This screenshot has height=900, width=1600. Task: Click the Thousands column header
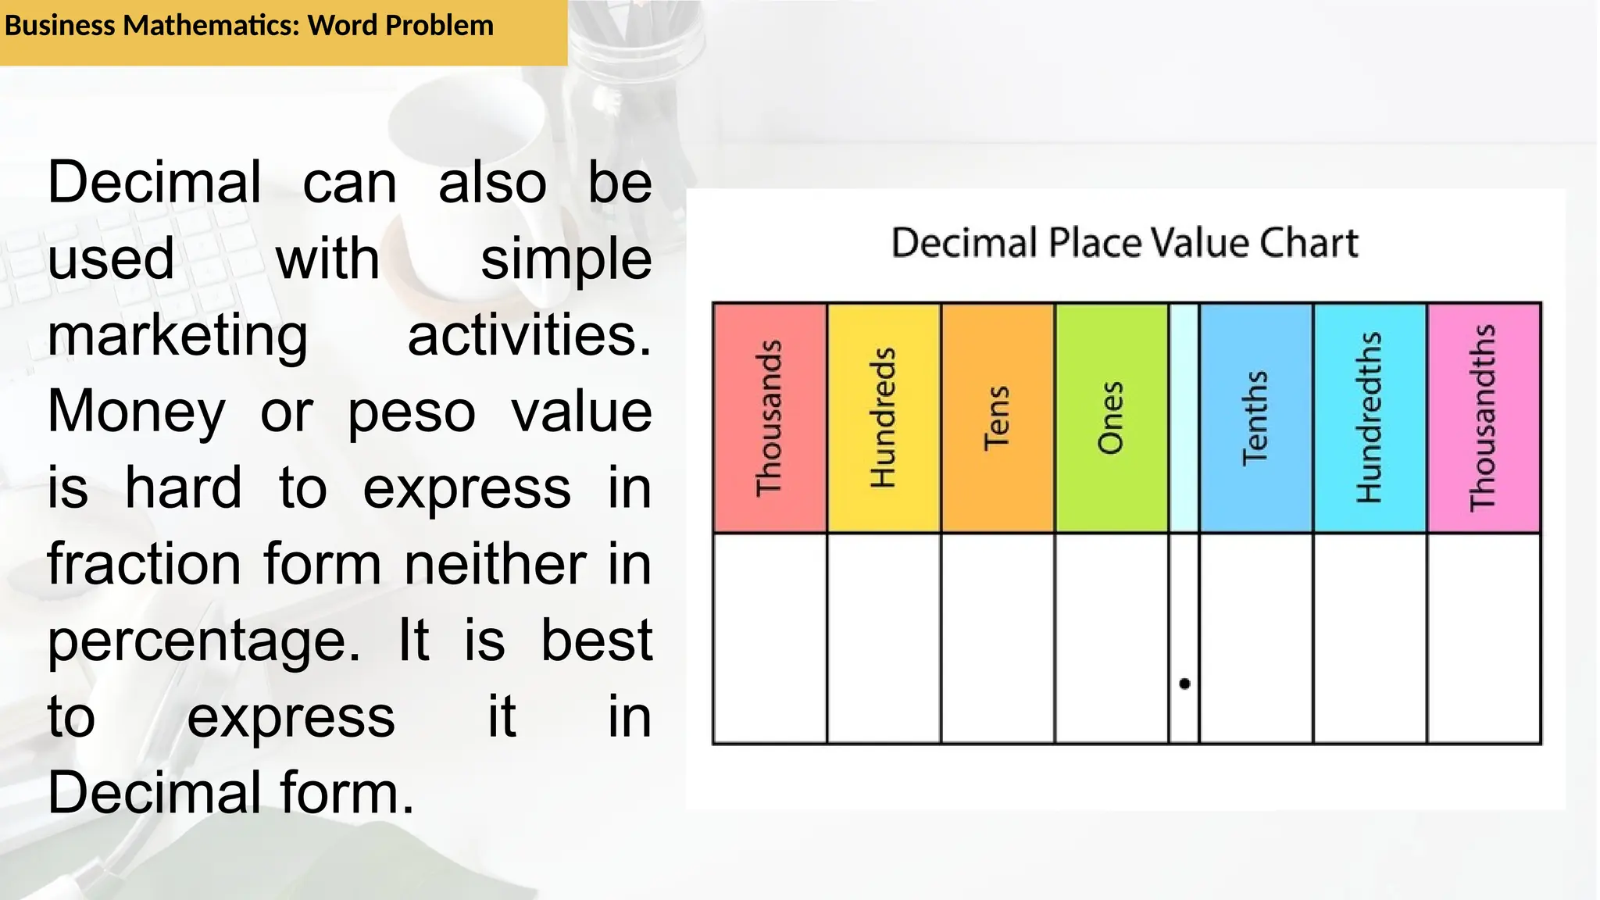tap(770, 418)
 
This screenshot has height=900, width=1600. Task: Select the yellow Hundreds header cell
tap(884, 418)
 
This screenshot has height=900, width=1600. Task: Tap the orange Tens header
tap(998, 418)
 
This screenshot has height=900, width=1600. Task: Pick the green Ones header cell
tap(1111, 418)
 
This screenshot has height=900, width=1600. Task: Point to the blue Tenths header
tap(1255, 418)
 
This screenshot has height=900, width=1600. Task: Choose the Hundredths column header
tap(1370, 418)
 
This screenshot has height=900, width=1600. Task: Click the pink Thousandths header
tap(1484, 418)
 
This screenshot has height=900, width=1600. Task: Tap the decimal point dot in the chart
tap(1184, 684)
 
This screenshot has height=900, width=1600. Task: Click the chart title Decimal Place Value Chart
tap(1124, 243)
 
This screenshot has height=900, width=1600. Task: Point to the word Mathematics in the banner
tap(211, 26)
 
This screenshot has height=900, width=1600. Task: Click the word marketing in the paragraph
tap(177, 337)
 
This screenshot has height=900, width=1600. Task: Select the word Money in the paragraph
tap(137, 412)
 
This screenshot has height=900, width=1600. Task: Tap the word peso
tap(411, 412)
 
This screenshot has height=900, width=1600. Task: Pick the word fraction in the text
tap(144, 564)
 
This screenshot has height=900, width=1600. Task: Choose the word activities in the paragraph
tap(529, 335)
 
